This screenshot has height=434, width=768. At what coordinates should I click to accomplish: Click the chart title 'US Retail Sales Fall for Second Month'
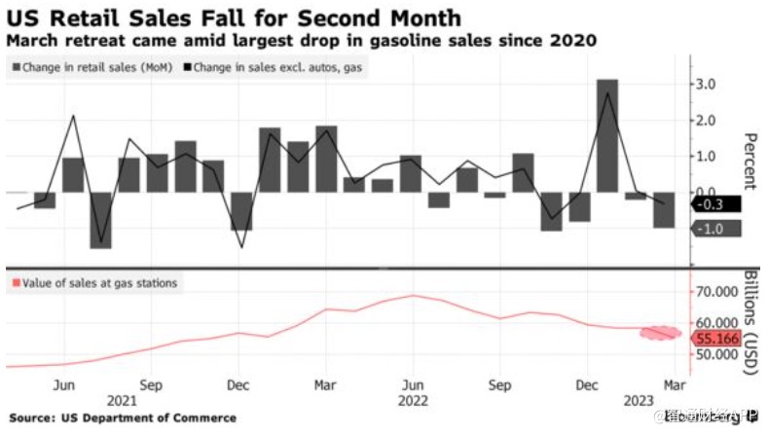click(x=234, y=18)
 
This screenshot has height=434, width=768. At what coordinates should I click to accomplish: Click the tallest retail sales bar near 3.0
click(x=607, y=136)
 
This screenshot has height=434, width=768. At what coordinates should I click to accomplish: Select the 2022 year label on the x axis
click(x=415, y=399)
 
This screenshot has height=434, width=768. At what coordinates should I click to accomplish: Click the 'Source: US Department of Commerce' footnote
click(x=121, y=417)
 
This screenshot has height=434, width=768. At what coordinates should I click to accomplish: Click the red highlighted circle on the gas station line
click(x=659, y=333)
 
